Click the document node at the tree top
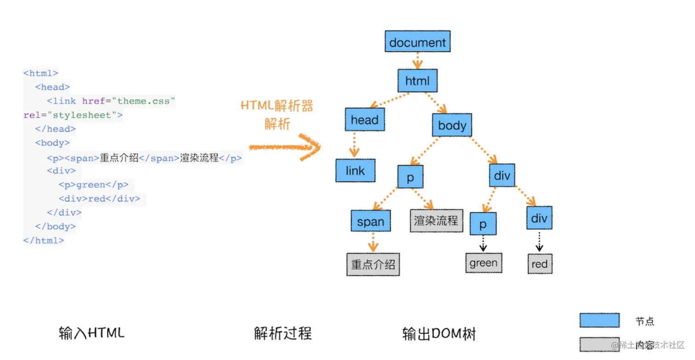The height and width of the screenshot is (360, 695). [x=417, y=42]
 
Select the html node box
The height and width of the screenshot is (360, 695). [x=417, y=81]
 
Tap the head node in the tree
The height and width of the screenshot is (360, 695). [x=365, y=120]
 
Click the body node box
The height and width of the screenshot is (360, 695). [x=452, y=126]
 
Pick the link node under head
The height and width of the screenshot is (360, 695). [x=355, y=171]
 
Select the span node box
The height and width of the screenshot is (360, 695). [x=370, y=222]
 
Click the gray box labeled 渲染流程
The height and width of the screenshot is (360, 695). [x=436, y=221]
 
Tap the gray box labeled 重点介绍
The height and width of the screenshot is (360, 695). [x=373, y=264]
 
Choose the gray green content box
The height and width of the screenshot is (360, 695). [x=484, y=263]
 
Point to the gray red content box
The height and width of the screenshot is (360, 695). [x=540, y=264]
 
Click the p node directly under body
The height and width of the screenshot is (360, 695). [x=410, y=177]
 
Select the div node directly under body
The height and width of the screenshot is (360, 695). [x=502, y=175]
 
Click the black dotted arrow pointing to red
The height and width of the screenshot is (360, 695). [x=540, y=241]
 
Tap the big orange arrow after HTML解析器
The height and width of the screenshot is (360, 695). [x=285, y=147]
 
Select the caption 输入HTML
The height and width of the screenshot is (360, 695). [x=91, y=333]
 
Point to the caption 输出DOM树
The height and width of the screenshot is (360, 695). [x=439, y=334]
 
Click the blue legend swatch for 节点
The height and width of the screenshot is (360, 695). [x=599, y=320]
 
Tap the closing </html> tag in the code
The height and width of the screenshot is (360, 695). [x=44, y=240]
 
